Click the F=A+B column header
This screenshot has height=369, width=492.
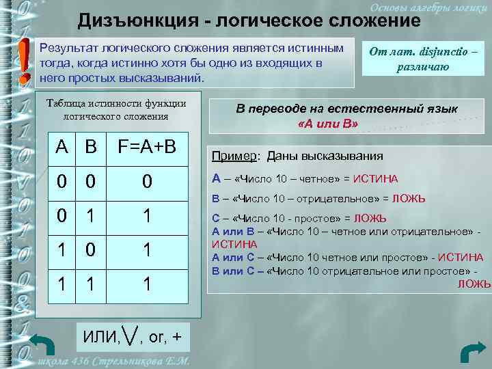(147, 147)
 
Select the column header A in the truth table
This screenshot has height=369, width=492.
(62, 147)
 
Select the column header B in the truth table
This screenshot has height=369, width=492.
(90, 147)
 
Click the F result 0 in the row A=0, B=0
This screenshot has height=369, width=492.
(146, 182)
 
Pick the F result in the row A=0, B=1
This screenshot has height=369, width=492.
(146, 217)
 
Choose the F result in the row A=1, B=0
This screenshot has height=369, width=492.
(146, 250)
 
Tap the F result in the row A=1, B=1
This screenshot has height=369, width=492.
(146, 284)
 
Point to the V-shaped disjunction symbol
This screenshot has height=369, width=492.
(130, 335)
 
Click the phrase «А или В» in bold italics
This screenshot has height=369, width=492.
(328, 124)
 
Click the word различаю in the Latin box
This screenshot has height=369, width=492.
(423, 66)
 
